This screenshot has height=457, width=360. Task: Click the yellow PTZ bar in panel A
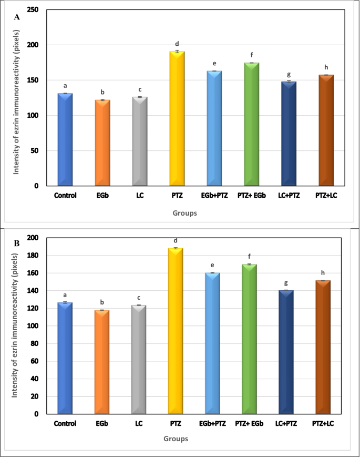tap(177, 119)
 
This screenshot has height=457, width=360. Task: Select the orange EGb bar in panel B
tap(102, 362)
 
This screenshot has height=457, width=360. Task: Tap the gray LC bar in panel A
tap(140, 141)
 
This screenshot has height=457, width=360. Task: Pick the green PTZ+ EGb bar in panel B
tap(249, 339)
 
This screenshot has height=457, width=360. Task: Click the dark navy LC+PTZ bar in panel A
tap(289, 134)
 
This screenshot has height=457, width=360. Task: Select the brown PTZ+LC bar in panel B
tap(323, 347)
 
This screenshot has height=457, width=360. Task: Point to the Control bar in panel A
tap(65, 139)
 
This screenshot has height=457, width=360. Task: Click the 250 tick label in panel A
tap(33, 9)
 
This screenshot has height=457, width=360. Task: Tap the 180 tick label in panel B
tap(33, 255)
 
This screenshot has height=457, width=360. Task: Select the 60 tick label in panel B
tap(34, 361)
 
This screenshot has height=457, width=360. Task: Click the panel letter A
tap(17, 17)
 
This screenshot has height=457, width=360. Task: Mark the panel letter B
tap(17, 243)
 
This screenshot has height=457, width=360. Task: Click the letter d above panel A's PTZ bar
tap(177, 44)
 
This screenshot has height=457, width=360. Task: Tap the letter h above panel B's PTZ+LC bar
tap(323, 273)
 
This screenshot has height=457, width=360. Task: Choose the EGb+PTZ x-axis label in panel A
tap(214, 195)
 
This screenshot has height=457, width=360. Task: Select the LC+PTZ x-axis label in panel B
tap(286, 423)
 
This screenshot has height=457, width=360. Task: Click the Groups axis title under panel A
tap(184, 213)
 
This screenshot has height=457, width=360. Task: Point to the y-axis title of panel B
tap(15, 326)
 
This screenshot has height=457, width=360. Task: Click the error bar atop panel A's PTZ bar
tap(177, 52)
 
